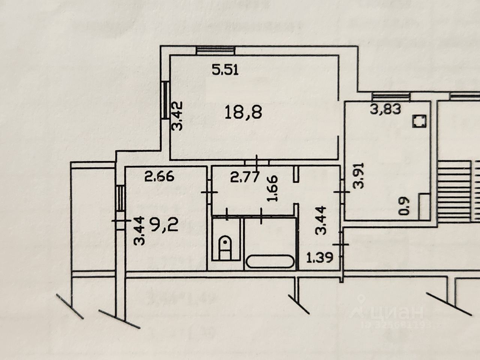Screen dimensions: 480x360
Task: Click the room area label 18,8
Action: pos(243,112)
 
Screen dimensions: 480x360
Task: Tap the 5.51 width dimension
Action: pos(225,70)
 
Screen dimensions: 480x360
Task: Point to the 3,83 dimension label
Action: pos(385,109)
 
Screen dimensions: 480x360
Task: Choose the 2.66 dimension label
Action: pos(160,176)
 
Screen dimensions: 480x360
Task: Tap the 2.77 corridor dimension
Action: pos(244,177)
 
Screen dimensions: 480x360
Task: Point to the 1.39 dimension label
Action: pos(319,258)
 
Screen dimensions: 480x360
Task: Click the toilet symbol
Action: pos(225,247)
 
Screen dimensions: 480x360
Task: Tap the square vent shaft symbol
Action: pos(418,121)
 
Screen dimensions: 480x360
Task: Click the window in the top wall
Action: pos(216,50)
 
